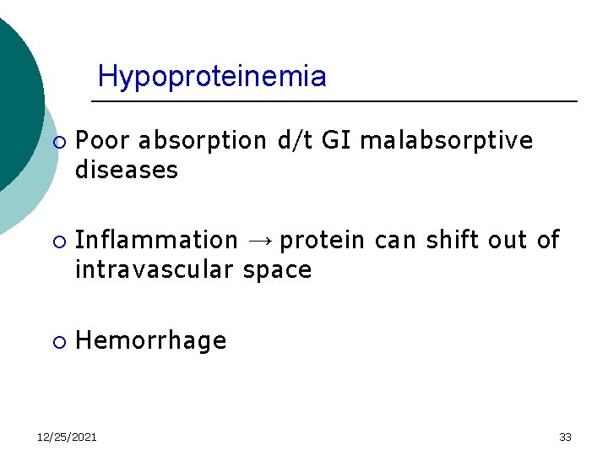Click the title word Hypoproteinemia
tap(212, 77)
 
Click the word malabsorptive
tap(448, 140)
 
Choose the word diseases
tap(127, 171)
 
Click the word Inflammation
tap(157, 241)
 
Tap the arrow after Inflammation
tap(259, 242)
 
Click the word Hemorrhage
tap(151, 340)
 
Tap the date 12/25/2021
tap(67, 437)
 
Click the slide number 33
tap(565, 437)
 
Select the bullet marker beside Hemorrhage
tap(57, 342)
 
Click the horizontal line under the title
tap(334, 101)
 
